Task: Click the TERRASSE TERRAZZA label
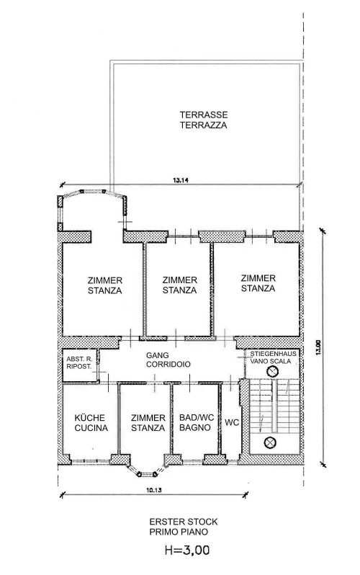pos(204,120)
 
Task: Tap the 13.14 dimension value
pos(178,180)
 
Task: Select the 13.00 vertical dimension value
pos(318,347)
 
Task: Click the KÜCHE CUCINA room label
pos(91,423)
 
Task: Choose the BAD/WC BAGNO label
pos(197,422)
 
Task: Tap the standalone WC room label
pos(232,422)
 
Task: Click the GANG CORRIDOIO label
pos(168,360)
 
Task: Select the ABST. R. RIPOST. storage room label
pos(78,362)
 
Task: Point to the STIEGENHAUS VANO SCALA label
pos(273,357)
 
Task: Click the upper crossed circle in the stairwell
pos(272,373)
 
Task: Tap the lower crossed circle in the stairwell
pos(270,442)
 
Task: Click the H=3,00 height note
pos(187,550)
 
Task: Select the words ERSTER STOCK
pos(184,522)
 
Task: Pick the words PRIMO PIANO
pos(179,532)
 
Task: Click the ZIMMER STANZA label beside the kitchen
pos(148,423)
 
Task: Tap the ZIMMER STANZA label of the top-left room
pos(105,285)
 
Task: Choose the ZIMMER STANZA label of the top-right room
pos(258,283)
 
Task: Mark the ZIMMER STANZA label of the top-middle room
pos(179,285)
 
